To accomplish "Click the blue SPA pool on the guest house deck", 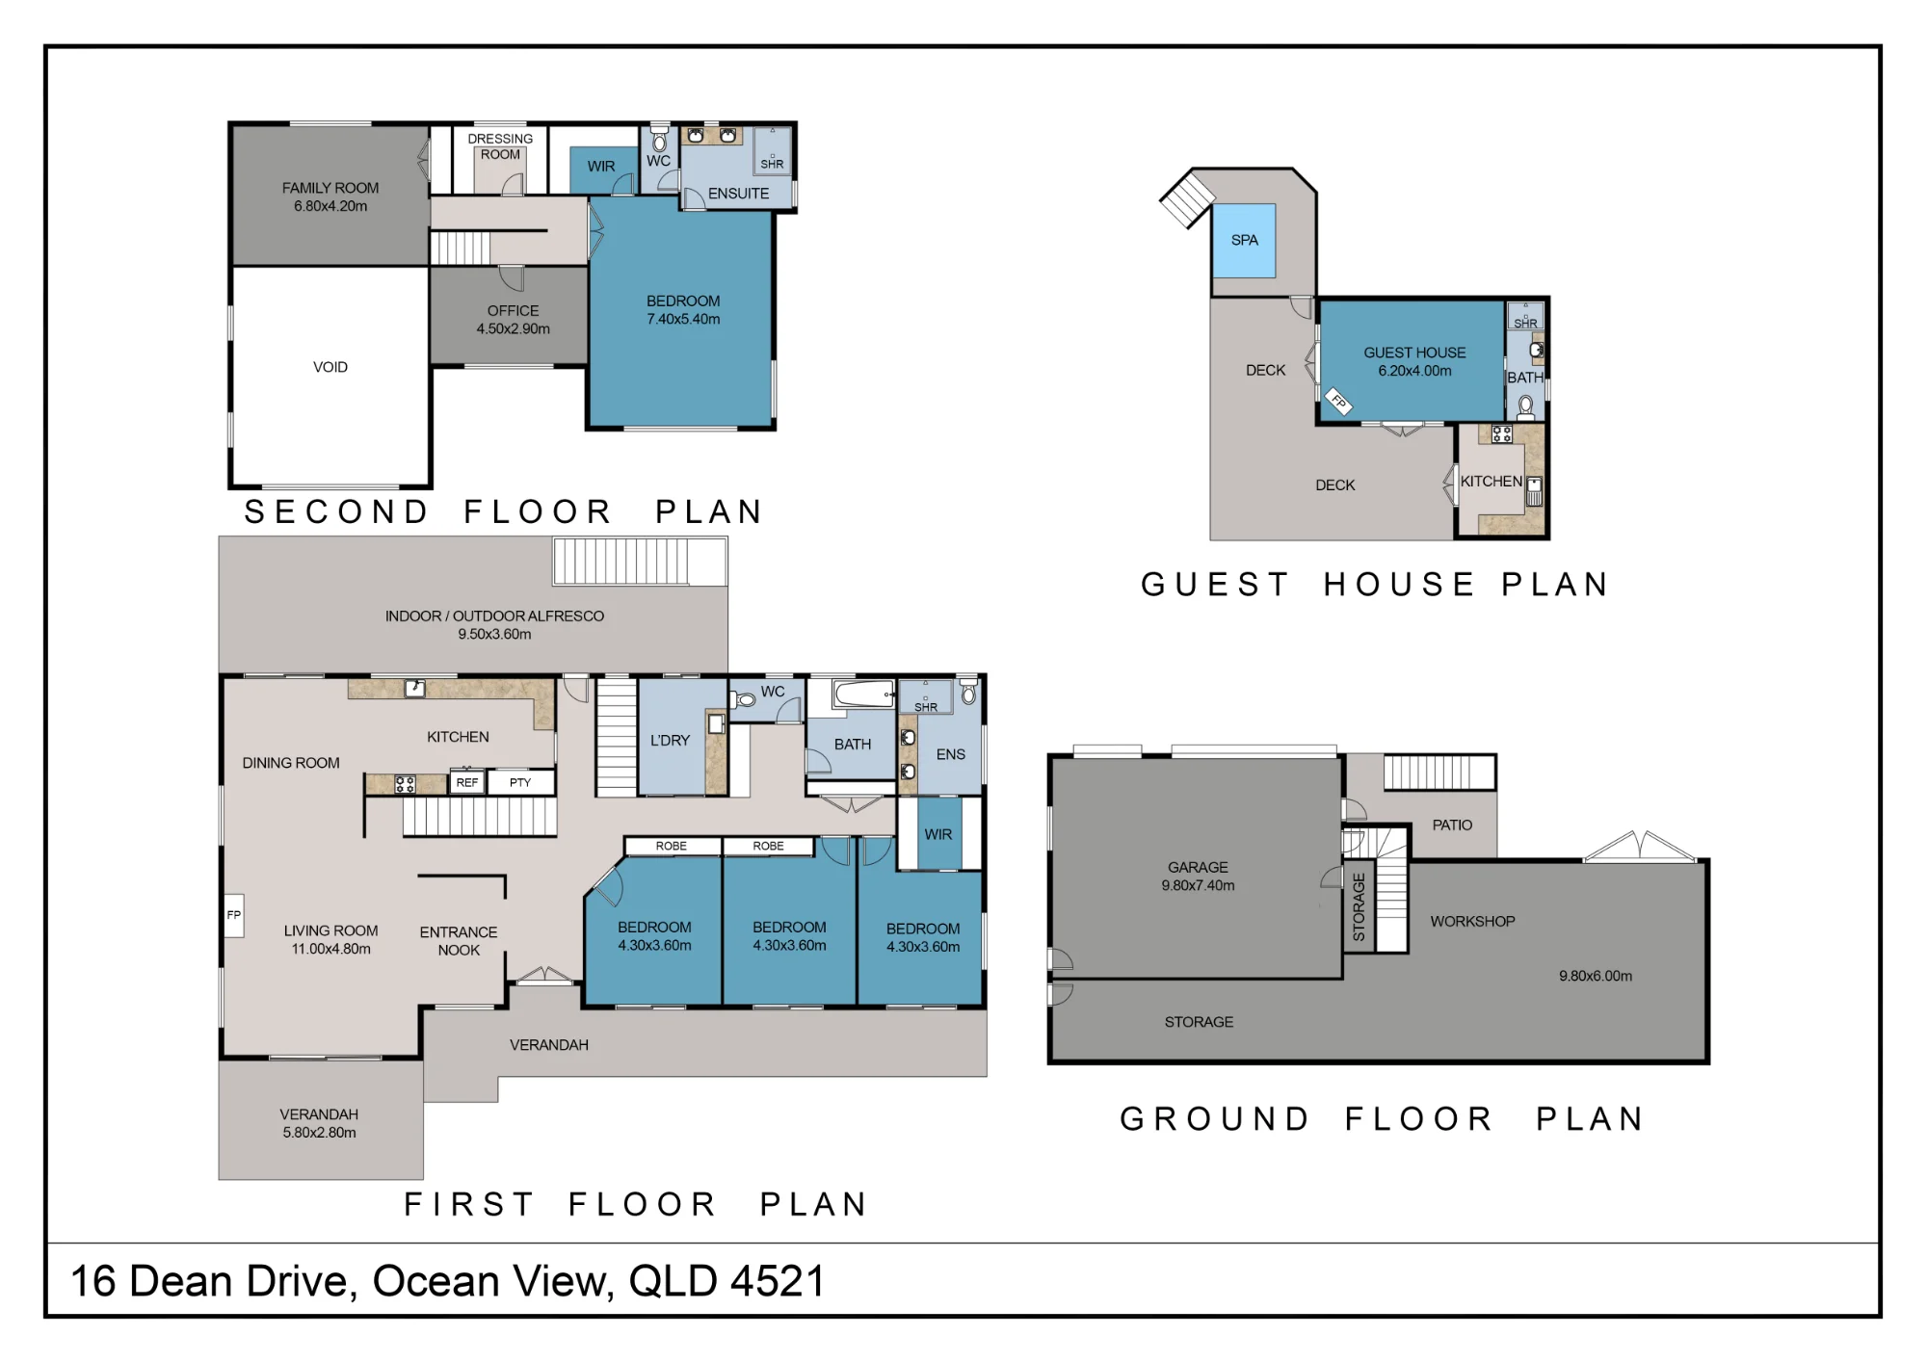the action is coord(1244,240).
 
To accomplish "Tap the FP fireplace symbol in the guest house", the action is coord(1339,401).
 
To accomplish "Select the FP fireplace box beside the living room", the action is coord(233,914).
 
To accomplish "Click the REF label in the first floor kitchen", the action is coord(467,782).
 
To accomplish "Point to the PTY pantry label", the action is coord(520,782).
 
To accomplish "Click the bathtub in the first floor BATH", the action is coord(864,694).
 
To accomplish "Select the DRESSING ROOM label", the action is coord(500,146).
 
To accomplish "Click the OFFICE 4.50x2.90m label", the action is coord(514,320).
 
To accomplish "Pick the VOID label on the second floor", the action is coord(330,367).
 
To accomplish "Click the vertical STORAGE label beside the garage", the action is coord(1359,907).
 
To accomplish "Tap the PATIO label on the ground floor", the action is coord(1452,825).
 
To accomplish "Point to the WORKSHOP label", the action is coord(1472,921).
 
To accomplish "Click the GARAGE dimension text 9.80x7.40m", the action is coord(1198,885).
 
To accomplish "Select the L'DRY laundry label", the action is coord(670,740).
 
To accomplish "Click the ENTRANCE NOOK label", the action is coord(459,941).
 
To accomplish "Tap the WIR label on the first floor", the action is coord(937,834).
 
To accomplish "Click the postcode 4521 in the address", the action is coord(778,1281).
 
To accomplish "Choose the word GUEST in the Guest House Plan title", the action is coord(1215,584).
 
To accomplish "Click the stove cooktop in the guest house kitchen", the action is coord(1501,433).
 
